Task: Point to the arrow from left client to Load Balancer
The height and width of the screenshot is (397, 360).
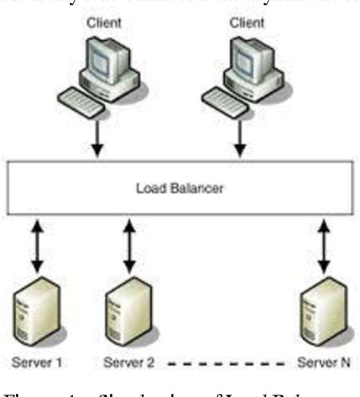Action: (x=96, y=141)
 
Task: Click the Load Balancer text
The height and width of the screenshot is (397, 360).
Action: (x=179, y=187)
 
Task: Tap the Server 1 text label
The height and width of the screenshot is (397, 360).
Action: (x=37, y=362)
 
